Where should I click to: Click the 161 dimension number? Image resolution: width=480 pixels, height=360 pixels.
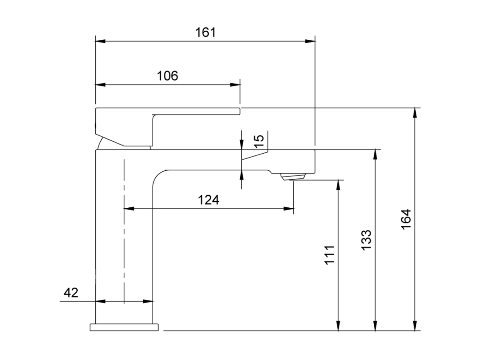tap(205, 32)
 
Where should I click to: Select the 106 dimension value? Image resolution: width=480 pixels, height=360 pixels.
tap(167, 75)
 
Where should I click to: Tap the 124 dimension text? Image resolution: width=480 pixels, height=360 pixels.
tap(208, 200)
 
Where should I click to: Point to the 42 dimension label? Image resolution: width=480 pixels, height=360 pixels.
tap(71, 293)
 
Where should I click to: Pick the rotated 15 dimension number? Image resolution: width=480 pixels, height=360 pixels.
tap(259, 141)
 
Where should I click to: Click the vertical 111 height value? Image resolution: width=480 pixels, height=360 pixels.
tap(329, 255)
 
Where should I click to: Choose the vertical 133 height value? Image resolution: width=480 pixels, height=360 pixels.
tap(366, 240)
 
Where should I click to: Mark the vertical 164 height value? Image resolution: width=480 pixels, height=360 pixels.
tap(406, 219)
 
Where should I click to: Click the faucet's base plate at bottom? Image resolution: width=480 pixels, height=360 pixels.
tap(124, 327)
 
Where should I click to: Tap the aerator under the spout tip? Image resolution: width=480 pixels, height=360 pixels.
tap(293, 177)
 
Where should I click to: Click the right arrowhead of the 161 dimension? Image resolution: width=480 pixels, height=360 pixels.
tap(310, 41)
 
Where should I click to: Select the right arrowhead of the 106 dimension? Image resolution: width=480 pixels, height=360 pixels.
tap(235, 85)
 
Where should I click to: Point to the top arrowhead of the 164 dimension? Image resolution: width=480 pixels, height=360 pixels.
tap(415, 113)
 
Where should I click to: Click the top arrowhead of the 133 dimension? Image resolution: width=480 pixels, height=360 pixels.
tap(375, 154)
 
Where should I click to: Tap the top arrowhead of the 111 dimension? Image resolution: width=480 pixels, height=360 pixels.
tap(338, 185)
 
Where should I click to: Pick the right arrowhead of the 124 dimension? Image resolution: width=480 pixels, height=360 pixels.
tap(289, 209)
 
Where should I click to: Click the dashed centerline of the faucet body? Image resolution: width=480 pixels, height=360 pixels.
tap(124, 231)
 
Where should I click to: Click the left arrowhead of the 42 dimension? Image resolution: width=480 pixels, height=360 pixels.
tap(101, 301)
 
